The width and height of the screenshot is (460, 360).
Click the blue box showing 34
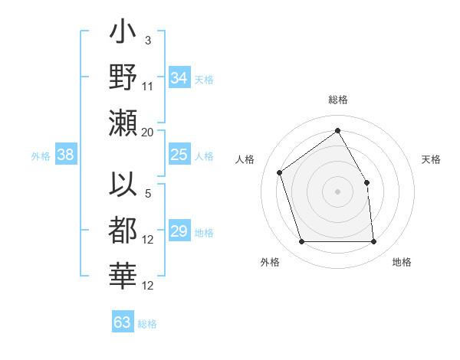tap(179, 78)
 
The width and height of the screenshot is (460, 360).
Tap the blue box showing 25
tap(179, 155)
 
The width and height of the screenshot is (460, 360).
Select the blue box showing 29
tap(179, 232)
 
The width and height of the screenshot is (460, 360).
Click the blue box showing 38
tap(66, 155)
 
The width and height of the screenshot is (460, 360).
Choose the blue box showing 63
tap(123, 322)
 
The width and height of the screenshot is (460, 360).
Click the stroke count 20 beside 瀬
tap(148, 133)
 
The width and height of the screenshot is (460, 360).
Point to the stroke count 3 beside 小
tap(147, 40)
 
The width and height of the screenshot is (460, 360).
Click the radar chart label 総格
tap(338, 100)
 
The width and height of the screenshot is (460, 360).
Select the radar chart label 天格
tap(432, 159)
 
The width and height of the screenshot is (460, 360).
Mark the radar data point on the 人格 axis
tap(280, 172)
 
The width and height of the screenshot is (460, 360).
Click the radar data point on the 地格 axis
tap(373, 242)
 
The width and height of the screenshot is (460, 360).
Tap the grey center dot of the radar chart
tap(337, 191)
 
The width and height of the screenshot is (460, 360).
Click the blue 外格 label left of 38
tap(41, 156)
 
